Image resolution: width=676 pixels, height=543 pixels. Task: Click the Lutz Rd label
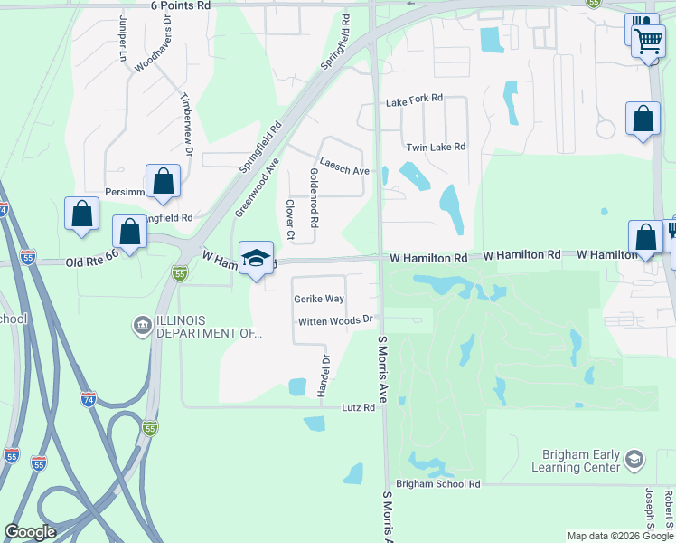click(358, 408)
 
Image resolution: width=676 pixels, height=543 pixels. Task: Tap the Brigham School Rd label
click(437, 485)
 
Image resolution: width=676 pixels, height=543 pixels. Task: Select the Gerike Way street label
click(318, 299)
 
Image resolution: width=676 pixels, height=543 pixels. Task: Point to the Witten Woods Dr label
click(336, 320)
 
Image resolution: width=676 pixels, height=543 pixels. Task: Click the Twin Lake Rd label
click(436, 147)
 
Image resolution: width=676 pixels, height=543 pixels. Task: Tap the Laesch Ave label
click(344, 170)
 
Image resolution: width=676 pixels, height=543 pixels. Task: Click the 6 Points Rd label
click(181, 5)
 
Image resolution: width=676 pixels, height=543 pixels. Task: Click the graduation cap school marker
click(256, 258)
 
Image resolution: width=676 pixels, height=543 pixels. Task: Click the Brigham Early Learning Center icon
click(634, 460)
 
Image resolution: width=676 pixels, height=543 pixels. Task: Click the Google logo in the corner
click(30, 532)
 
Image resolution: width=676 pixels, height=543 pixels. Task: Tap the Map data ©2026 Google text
click(620, 536)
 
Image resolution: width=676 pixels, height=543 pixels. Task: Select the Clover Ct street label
click(290, 220)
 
